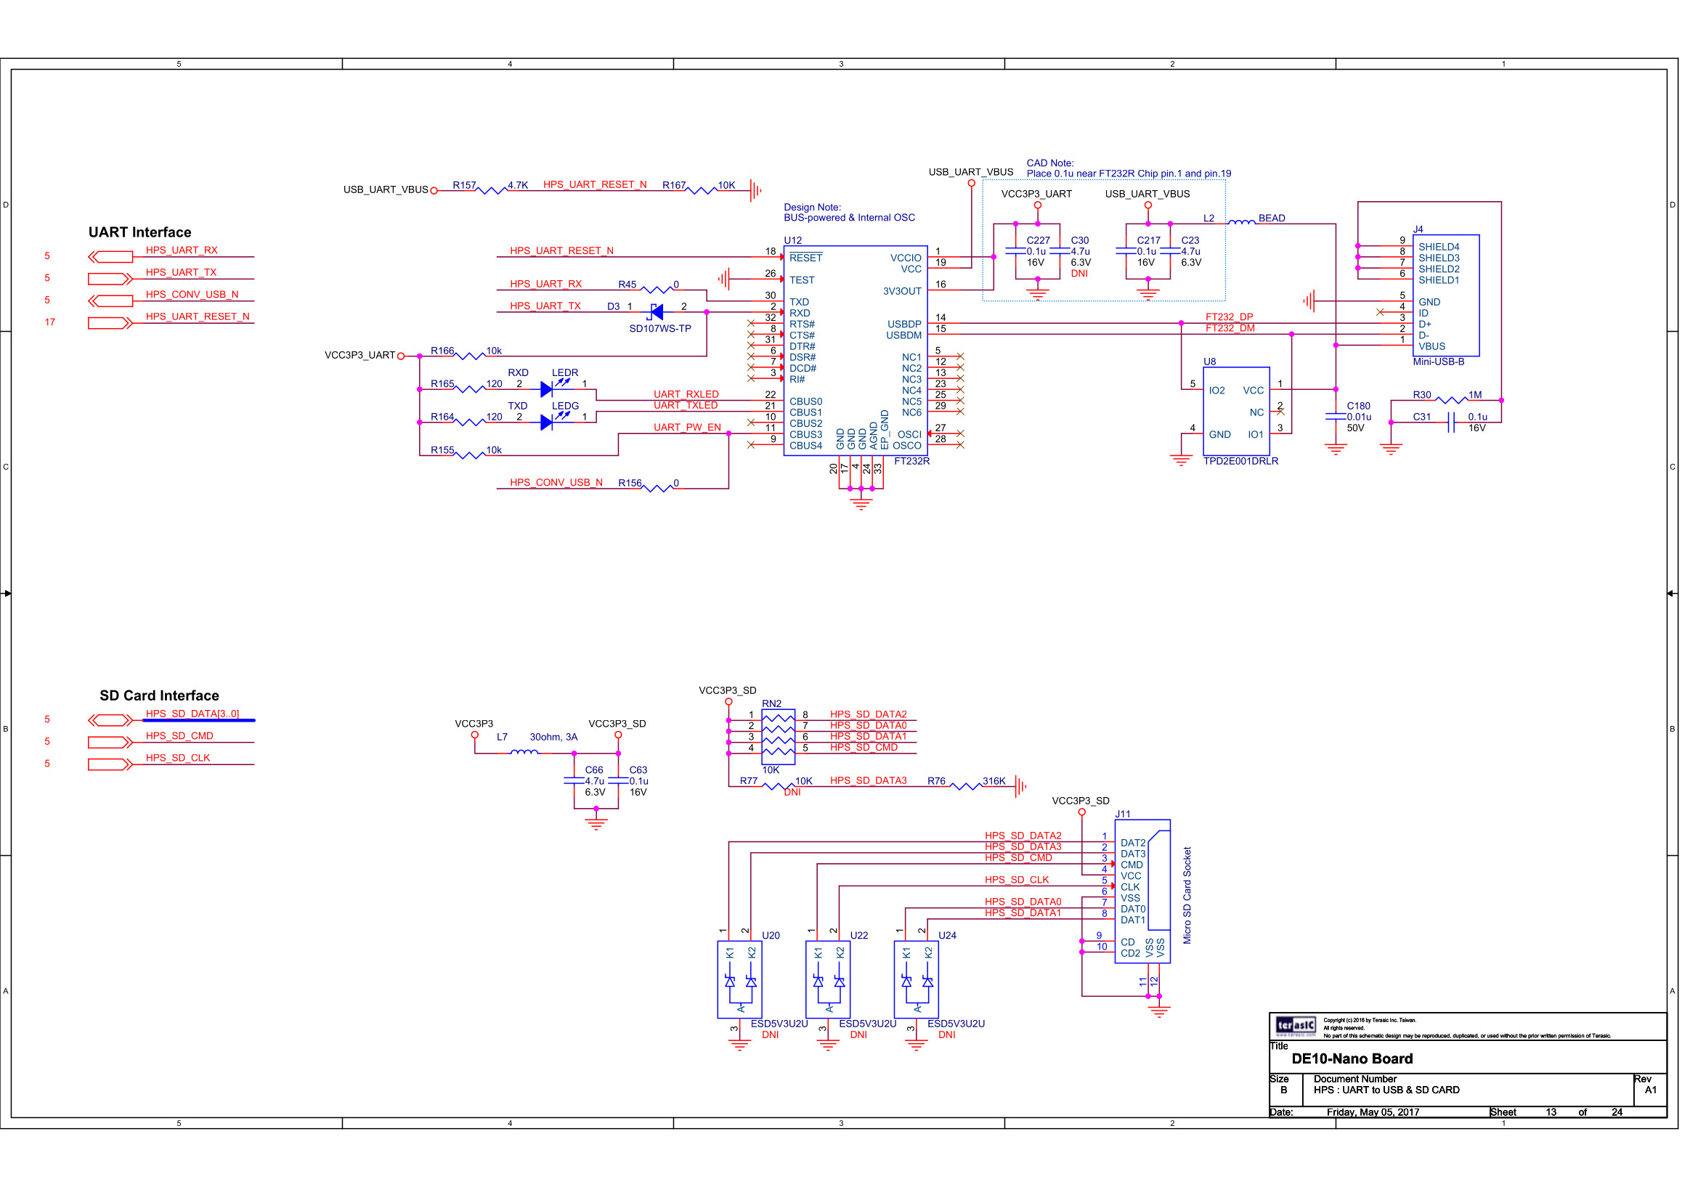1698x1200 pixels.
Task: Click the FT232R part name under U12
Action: coord(911,462)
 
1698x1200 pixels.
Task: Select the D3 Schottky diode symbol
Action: coord(656,312)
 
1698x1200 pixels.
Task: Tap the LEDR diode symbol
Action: coord(548,389)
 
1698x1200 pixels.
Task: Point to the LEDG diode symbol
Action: coord(548,423)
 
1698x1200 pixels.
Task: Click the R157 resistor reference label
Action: coord(464,185)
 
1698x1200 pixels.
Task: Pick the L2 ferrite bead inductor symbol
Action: coord(1242,222)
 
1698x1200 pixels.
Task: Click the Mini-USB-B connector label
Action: coord(1439,362)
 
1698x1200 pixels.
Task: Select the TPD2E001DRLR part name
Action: coord(1240,462)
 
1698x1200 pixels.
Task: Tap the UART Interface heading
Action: coord(139,232)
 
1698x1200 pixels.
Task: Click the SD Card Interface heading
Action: coord(159,695)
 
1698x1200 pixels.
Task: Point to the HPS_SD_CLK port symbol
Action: coord(110,764)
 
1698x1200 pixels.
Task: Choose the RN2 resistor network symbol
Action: coord(778,736)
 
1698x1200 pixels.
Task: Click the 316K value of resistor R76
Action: coord(994,781)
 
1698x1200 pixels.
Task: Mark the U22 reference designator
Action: coord(858,935)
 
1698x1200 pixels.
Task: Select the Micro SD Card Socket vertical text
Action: coord(1187,895)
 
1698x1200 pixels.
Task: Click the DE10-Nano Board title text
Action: coord(1352,1058)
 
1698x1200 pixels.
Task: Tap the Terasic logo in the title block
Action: coord(1295,1026)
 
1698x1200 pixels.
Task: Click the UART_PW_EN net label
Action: coord(687,428)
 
